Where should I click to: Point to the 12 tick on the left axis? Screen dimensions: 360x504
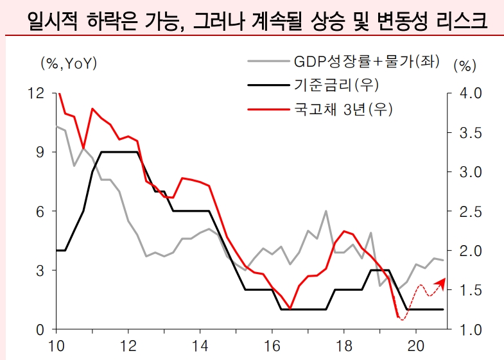37,94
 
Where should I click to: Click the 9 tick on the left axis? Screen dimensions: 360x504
40,153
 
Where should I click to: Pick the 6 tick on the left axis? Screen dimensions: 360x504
40,212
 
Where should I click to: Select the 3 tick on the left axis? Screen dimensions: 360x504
40,271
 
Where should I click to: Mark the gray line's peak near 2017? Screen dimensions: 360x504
326,211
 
